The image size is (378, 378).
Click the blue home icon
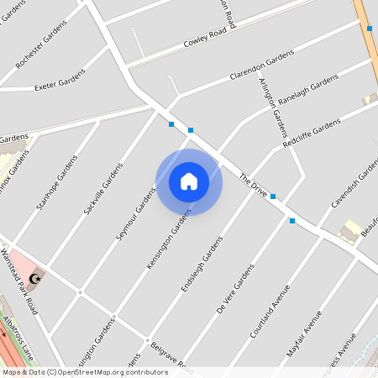click(189, 181)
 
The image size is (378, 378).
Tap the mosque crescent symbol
click(35, 277)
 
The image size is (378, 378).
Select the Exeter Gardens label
click(60, 81)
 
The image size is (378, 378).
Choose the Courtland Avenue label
click(270, 311)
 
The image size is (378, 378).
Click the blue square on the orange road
click(370, 29)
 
